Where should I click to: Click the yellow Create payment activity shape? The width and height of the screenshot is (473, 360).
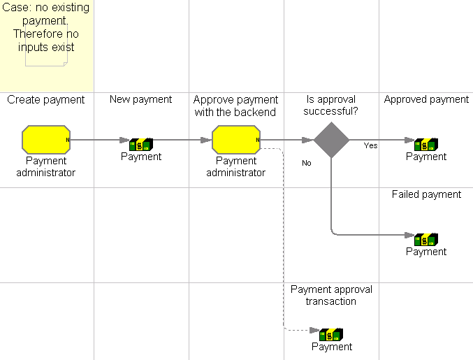point(46,140)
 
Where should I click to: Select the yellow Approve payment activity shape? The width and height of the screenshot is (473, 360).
point(236,140)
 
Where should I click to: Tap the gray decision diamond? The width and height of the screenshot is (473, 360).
point(331,140)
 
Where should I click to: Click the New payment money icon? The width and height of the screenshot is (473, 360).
point(141,144)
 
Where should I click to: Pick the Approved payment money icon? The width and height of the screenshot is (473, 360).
point(426,144)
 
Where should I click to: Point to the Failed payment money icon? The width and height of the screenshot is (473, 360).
point(426,239)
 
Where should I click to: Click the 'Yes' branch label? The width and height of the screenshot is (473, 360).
point(370,145)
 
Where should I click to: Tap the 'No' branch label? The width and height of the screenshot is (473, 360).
point(306,163)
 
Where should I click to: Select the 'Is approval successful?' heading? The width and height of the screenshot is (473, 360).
point(331,106)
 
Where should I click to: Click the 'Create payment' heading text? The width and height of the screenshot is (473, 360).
point(46,100)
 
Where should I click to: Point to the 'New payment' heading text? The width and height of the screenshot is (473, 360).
point(140,99)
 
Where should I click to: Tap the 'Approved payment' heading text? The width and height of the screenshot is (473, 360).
point(426,99)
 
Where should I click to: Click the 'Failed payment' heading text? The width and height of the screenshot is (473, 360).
point(426,194)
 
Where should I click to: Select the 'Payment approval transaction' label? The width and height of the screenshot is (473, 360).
point(331,295)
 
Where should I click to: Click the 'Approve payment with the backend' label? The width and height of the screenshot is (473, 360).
point(236,106)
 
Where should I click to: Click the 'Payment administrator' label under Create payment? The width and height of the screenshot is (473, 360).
point(46,166)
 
